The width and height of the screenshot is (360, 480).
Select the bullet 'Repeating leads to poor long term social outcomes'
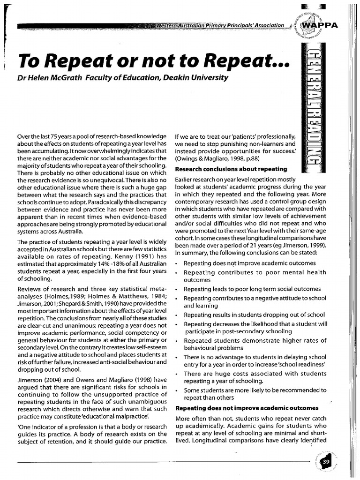252,289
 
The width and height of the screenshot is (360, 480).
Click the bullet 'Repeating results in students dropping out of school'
254,315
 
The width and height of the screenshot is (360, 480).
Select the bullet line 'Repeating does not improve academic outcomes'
249,263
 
